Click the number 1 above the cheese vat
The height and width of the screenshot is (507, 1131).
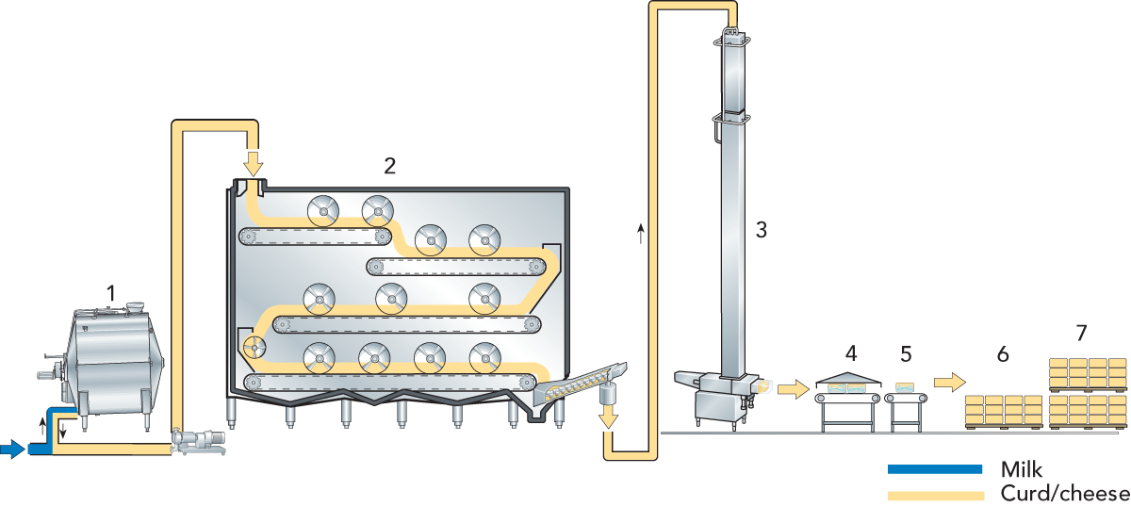point(111,293)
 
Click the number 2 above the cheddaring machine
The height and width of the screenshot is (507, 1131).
point(389,166)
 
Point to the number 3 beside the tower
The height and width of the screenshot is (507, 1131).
point(762,228)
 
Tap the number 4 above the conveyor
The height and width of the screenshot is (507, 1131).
point(851,354)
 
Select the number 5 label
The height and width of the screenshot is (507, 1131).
point(906,354)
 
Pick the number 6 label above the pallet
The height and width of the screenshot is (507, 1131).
point(1003,354)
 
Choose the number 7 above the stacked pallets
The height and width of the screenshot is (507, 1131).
point(1081,333)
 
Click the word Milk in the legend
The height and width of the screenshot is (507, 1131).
point(1023,469)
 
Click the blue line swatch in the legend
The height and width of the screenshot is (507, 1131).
point(935,469)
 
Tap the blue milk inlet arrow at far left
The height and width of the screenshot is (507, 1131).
point(12,450)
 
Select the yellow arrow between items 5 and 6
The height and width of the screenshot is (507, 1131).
point(950,382)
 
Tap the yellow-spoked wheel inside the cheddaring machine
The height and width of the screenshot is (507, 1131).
point(255,348)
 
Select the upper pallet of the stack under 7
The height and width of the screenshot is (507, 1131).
point(1088,373)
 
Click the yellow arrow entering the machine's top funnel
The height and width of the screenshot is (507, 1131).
point(252,163)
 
